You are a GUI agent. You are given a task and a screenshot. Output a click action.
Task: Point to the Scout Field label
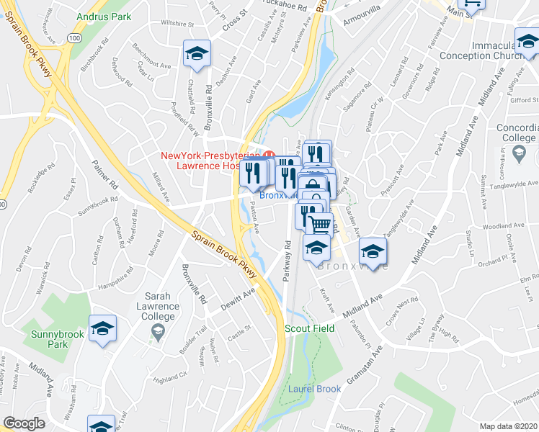point(309,328)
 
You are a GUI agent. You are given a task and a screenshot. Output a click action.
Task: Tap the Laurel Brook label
point(314,390)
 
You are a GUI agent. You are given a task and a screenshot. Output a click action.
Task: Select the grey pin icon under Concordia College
point(519,153)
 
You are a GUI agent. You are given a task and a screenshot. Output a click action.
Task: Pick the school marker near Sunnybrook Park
point(102,329)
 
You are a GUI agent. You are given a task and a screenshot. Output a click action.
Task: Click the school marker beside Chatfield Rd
point(195,53)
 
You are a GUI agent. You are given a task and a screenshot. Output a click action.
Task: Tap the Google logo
point(24,423)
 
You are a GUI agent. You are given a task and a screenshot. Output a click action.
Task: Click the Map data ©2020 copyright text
point(509,426)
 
